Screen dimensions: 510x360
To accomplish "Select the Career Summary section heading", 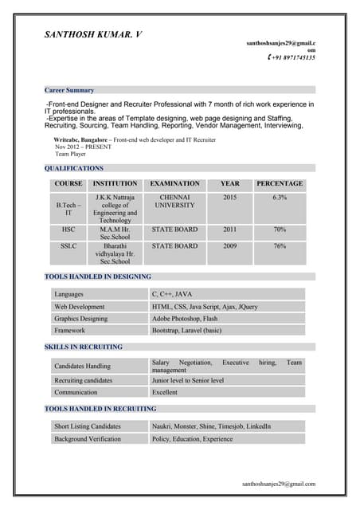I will (x=69, y=90).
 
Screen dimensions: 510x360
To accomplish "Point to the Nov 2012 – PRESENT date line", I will (x=84, y=147).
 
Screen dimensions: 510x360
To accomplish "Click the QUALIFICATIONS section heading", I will (x=74, y=168).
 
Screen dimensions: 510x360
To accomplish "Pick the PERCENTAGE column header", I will (x=280, y=183).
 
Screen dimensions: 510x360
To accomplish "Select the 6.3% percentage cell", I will (x=280, y=197).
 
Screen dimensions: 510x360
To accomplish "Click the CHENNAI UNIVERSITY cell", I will (x=174, y=201).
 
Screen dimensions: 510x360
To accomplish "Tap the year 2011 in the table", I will (x=229, y=229).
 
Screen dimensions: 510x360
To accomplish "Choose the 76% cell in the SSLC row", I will (x=280, y=246).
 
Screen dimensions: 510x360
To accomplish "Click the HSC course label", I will (x=68, y=229).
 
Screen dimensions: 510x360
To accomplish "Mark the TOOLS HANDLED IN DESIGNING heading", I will (x=97, y=276).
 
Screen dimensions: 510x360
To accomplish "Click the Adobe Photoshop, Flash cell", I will (x=185, y=318).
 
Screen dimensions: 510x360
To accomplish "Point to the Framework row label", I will (x=70, y=330).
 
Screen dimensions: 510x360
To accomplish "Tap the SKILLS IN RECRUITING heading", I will (x=84, y=347).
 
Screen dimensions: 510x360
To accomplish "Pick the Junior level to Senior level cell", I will (x=188, y=380).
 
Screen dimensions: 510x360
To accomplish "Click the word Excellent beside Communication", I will (x=165, y=392).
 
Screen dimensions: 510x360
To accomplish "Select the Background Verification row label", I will (x=88, y=438).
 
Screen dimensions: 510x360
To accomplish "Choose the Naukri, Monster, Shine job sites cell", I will (x=211, y=426).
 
